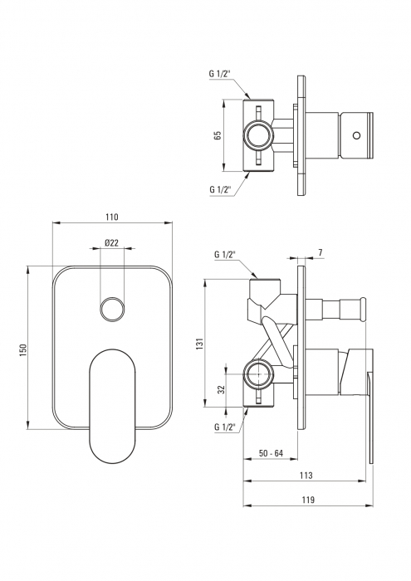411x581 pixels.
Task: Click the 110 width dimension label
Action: tap(111, 217)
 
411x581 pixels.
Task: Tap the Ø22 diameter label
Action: tap(111, 242)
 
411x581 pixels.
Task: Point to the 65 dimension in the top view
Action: tap(218, 134)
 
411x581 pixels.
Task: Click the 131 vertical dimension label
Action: tap(200, 344)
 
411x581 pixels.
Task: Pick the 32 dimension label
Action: tap(221, 389)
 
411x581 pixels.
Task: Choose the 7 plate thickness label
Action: tap(320, 252)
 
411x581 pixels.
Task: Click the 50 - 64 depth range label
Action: tap(271, 453)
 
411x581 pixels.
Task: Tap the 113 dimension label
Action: tap(306, 476)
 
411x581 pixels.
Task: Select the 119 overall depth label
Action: tap(308, 500)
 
